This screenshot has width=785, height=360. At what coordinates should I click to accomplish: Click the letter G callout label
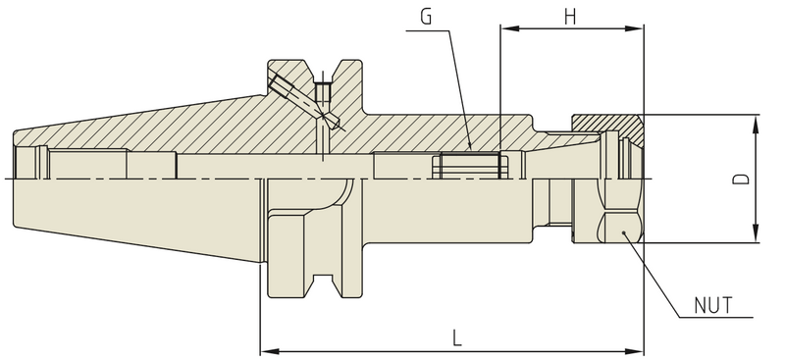coord(424,18)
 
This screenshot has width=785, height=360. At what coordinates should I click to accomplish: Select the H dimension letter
coord(570,17)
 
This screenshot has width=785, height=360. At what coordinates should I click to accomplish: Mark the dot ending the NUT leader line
coord(623,231)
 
